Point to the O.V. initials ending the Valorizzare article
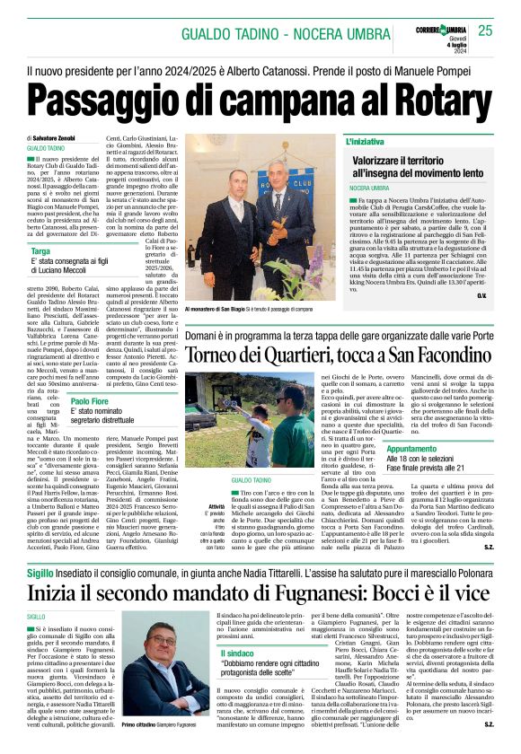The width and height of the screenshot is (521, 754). pyautogui.click(x=507, y=295)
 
